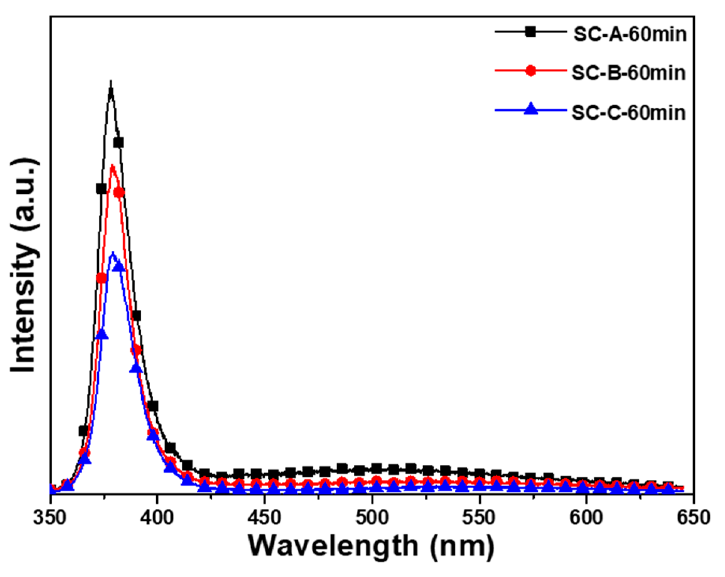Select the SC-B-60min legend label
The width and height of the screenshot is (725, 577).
pos(629,73)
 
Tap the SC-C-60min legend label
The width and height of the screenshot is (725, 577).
pos(629,112)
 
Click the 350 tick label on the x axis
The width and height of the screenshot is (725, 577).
pos(50,518)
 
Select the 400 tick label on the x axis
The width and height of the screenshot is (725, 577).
pos(157,518)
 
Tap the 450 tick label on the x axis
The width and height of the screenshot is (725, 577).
pos(265,518)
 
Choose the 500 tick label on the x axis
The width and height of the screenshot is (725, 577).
pos(372,518)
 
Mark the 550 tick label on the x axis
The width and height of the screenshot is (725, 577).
pos(480,518)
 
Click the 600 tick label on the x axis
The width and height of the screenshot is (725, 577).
pos(587,518)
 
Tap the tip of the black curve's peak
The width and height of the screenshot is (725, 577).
pos(111,82)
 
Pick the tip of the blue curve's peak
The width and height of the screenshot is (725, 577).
pos(113,253)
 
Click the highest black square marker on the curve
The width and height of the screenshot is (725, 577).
pos(119,143)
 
